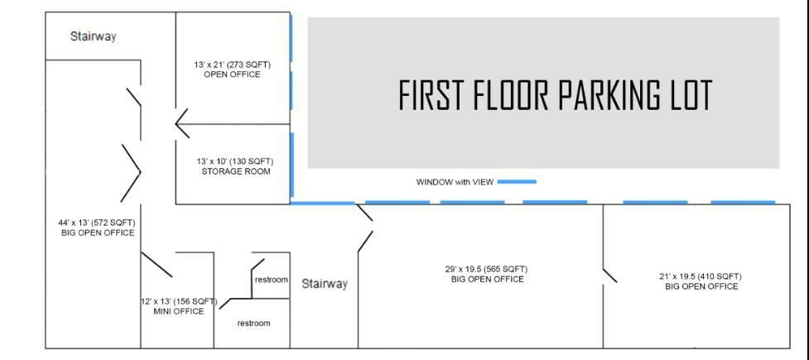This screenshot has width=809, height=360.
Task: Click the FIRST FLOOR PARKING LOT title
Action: tap(556, 95)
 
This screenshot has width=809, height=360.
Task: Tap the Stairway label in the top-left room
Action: tap(93, 36)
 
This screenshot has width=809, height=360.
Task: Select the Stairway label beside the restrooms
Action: tap(325, 284)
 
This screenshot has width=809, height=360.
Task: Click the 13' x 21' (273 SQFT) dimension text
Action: tap(232, 65)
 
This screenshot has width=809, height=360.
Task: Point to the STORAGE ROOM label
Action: tap(236, 171)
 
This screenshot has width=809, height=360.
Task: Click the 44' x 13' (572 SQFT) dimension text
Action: tap(97, 223)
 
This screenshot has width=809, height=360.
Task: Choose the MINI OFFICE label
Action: tap(179, 311)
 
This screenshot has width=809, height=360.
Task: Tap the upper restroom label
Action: tap(272, 280)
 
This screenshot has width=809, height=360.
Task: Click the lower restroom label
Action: tap(253, 324)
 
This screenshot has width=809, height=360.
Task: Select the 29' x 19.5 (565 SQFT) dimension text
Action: tap(487, 269)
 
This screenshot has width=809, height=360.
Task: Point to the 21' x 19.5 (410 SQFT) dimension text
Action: tap(701, 276)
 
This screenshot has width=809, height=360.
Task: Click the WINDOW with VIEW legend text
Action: tap(455, 182)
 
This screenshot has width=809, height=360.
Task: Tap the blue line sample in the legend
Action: tap(517, 181)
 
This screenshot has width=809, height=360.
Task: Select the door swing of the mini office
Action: tap(157, 265)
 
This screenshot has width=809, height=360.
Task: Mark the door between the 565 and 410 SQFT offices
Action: tap(609, 276)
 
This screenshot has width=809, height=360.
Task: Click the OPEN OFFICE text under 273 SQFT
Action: tap(232, 74)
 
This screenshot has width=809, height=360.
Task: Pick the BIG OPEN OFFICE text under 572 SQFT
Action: tap(97, 233)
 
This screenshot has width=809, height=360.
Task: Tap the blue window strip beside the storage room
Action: tap(292, 165)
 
